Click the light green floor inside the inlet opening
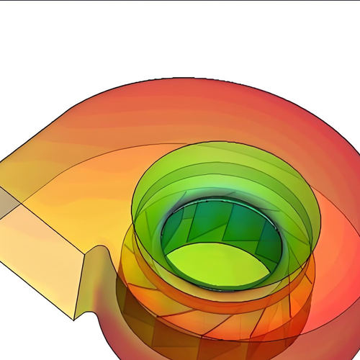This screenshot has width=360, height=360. (216, 263)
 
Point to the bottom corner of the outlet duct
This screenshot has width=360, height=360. (74, 318)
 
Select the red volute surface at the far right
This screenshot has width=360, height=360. (338, 216)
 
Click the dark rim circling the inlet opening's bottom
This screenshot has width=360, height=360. (216, 287)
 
